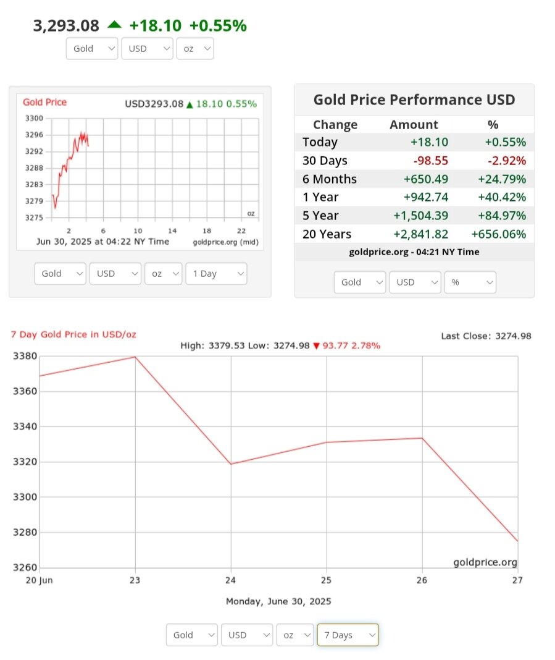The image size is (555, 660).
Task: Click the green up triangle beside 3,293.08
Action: [114, 25]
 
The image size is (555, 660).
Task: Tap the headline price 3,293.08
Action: [66, 25]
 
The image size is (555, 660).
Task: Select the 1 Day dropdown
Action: [215, 274]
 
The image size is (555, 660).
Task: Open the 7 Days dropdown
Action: [347, 635]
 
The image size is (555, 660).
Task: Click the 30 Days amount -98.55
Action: [430, 161]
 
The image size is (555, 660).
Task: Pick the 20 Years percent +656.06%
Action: [498, 234]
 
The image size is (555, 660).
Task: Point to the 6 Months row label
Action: [330, 179]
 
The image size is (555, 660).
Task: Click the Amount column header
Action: [414, 125]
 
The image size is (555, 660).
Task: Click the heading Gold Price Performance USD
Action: [414, 100]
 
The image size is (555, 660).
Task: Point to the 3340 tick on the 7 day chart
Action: [25, 426]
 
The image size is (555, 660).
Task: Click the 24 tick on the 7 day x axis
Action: [231, 580]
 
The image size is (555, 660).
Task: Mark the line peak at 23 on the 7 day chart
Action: [135, 357]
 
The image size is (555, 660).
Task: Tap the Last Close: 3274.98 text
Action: [486, 336]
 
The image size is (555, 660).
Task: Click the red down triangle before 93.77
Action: [316, 346]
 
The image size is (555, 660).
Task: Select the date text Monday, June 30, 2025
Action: [278, 601]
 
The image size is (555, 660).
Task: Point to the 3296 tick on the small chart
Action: [35, 135]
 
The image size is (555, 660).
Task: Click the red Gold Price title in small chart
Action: [44, 103]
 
